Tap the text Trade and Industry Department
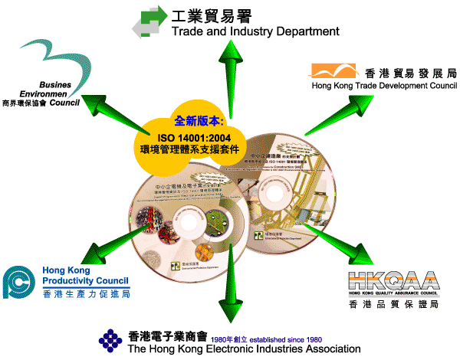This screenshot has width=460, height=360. tap(255, 32)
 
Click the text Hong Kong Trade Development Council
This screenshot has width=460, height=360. tap(383, 87)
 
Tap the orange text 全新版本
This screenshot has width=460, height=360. tap(199, 120)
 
